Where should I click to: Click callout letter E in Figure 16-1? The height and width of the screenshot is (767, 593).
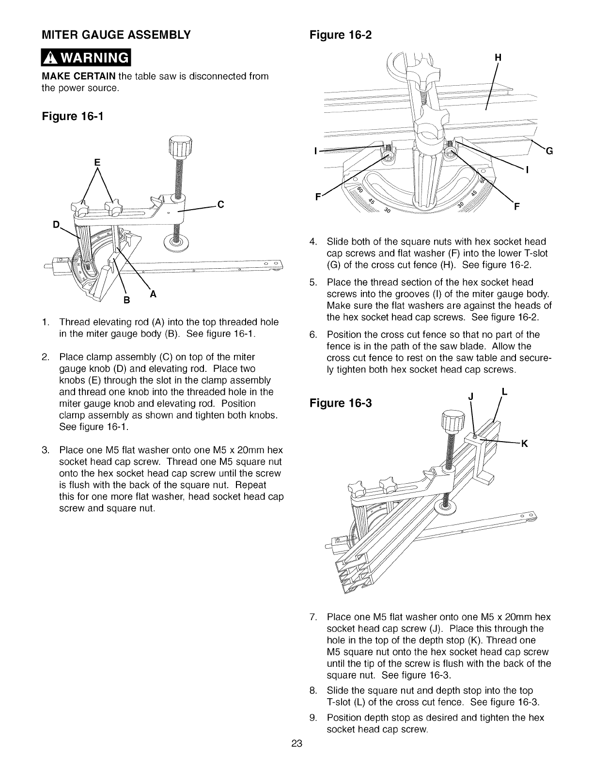pyautogui.click(x=97, y=163)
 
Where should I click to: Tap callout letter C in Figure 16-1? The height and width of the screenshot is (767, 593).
pyautogui.click(x=220, y=204)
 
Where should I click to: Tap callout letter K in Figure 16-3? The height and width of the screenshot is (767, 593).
pyautogui.click(x=524, y=443)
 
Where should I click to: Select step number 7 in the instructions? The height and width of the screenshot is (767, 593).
pyautogui.click(x=312, y=617)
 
